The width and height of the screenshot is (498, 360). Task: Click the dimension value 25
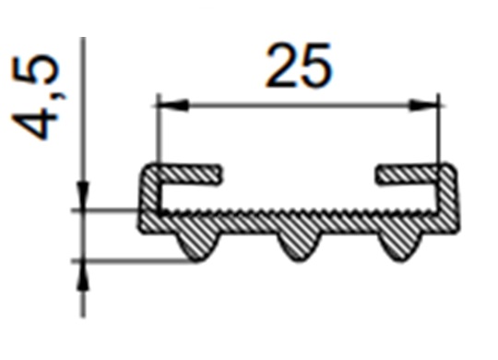(x=298, y=66)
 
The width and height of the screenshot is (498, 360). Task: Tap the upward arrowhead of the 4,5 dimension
(x=82, y=273)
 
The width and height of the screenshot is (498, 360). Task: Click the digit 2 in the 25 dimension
(x=280, y=66)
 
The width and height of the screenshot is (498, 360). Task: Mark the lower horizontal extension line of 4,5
(x=129, y=261)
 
